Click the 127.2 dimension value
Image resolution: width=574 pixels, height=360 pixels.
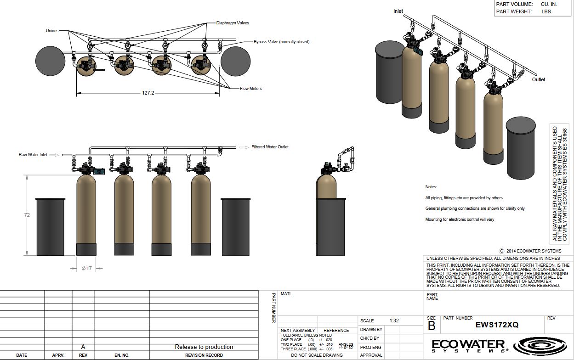click(x=148, y=93)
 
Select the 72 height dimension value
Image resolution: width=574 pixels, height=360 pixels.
click(x=27, y=215)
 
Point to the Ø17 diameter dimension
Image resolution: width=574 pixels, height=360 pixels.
click(x=86, y=268)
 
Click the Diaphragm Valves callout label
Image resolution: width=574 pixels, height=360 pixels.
click(x=233, y=23)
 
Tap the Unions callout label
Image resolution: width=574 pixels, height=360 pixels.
click(x=52, y=30)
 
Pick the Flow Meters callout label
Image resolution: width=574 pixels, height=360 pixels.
click(x=250, y=88)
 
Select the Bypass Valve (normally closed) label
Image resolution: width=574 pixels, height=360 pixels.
click(x=281, y=41)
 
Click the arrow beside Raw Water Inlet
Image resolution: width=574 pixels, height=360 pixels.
click(x=54, y=155)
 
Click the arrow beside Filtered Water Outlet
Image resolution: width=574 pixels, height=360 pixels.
click(x=244, y=147)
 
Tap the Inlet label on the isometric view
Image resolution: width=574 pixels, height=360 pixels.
click(x=398, y=11)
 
